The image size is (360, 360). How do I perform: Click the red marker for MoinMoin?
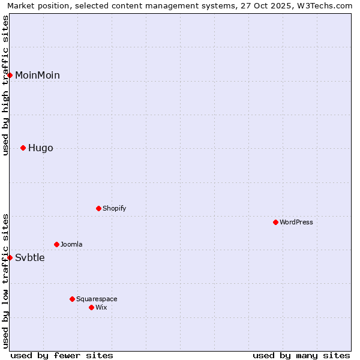pyautogui.click(x=10, y=75)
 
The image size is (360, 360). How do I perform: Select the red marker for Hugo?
pyautogui.click(x=23, y=148)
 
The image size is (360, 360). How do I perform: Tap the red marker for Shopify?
pyautogui.click(x=98, y=208)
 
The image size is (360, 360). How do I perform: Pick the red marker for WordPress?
pyautogui.click(x=275, y=222)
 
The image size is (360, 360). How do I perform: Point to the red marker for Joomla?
pyautogui.click(x=56, y=244)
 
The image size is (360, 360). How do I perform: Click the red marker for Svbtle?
pyautogui.click(x=10, y=257)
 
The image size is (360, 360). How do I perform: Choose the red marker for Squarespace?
pyautogui.click(x=72, y=299)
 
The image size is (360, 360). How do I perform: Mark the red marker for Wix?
pyautogui.click(x=91, y=307)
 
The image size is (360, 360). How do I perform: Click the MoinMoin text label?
pyautogui.click(x=37, y=75)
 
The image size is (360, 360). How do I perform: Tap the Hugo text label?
pyautogui.click(x=41, y=148)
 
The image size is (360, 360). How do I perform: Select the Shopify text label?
pyautogui.click(x=114, y=208)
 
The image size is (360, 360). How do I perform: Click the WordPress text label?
pyautogui.click(x=296, y=222)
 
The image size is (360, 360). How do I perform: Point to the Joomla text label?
pyautogui.click(x=71, y=244)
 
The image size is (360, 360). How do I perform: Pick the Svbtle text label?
pyautogui.click(x=30, y=258)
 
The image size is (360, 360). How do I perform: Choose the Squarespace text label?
pyautogui.click(x=97, y=299)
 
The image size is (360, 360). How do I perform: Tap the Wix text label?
pyautogui.click(x=101, y=307)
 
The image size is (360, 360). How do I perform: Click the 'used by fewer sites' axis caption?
pyautogui.click(x=62, y=355)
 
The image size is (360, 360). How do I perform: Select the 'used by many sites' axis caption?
pyautogui.click(x=301, y=355)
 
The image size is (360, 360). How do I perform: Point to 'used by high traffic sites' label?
pyautogui.click(x=6, y=85)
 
